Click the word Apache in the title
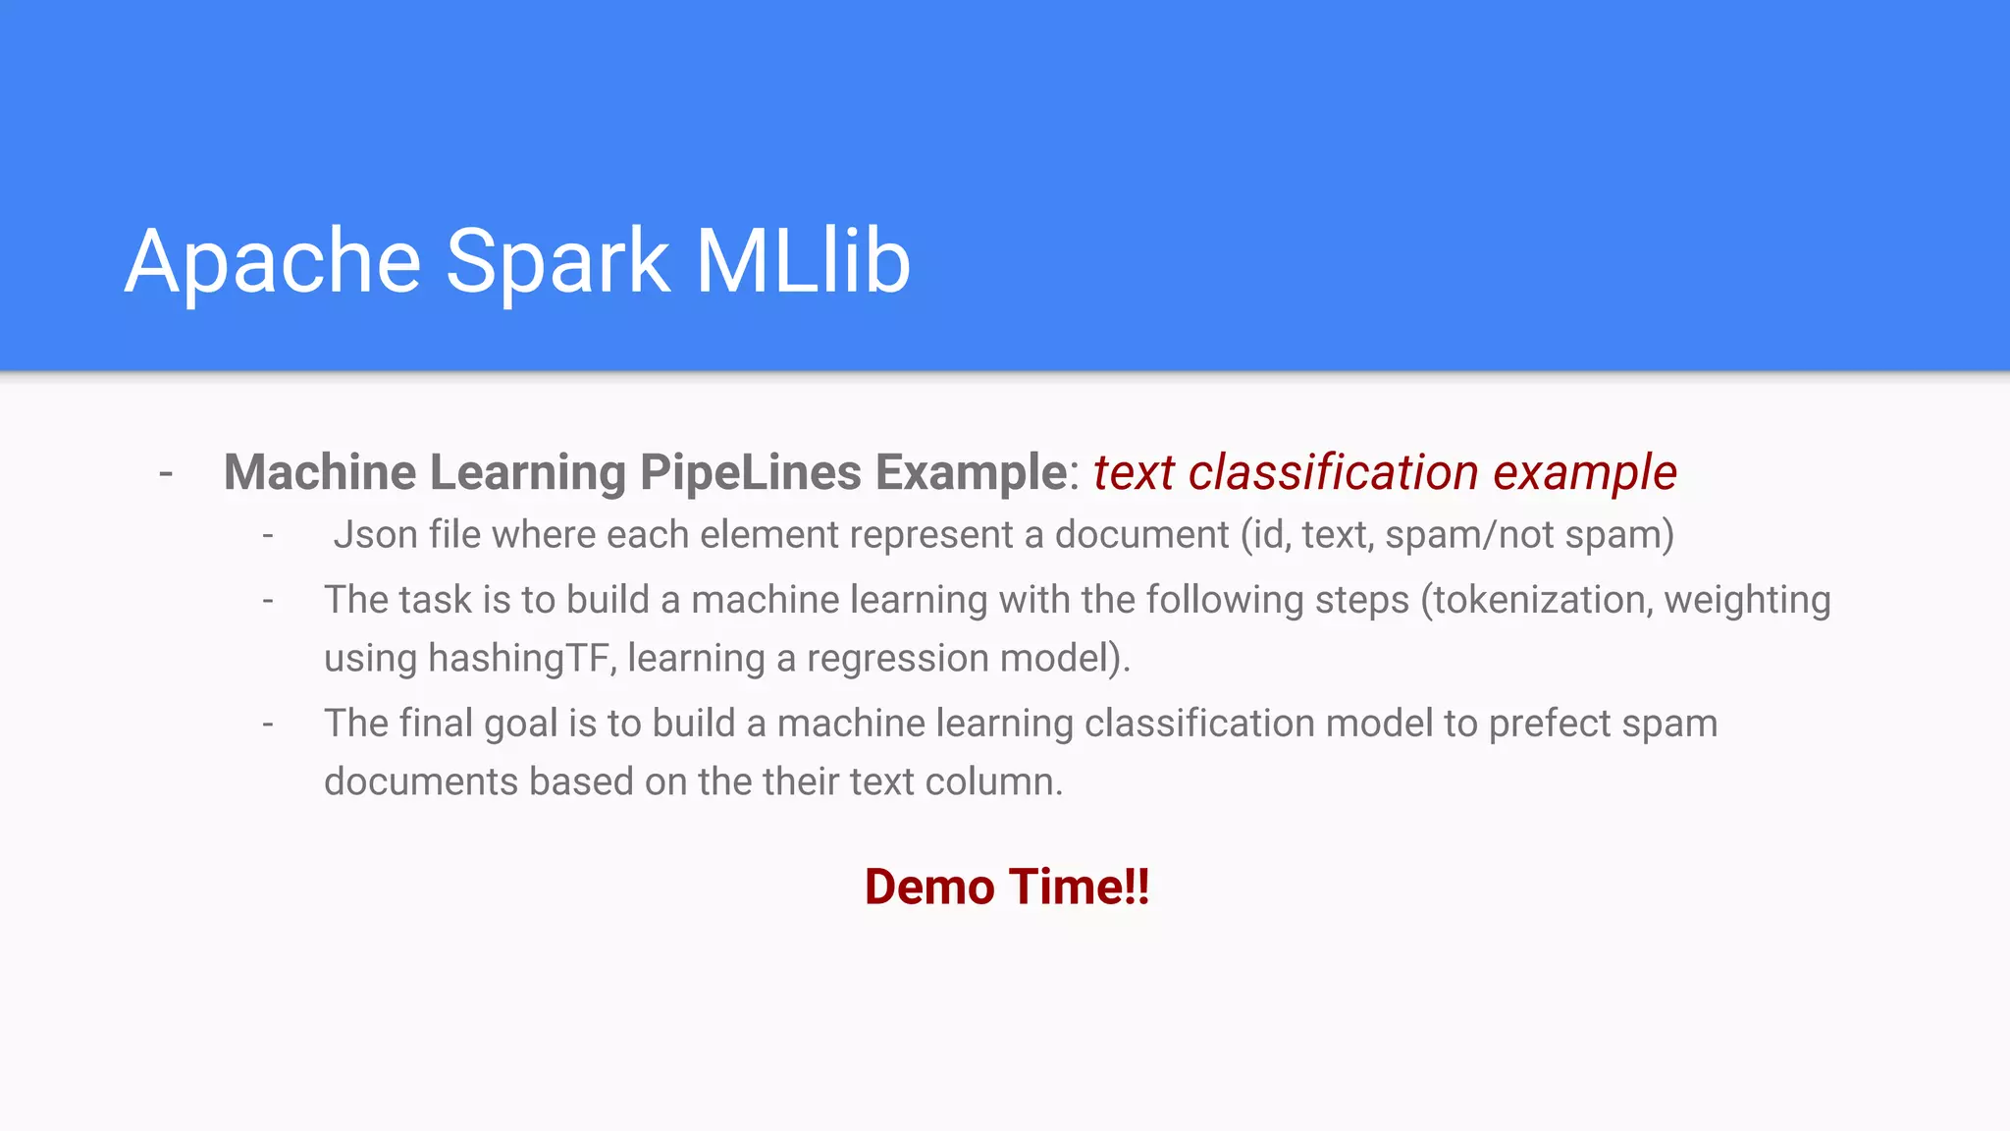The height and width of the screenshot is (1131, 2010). tap(273, 261)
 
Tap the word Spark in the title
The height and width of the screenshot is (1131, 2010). tap(557, 261)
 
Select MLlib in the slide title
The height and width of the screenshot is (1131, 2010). tap(803, 261)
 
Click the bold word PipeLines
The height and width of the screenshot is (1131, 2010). tap(751, 472)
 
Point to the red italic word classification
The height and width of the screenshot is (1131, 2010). tap(1333, 472)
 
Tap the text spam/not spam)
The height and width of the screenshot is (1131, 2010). tap(1529, 535)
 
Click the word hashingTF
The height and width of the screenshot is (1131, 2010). tap(522, 658)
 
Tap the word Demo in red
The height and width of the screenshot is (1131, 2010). tap(929, 887)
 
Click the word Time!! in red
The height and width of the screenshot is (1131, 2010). tap(1079, 887)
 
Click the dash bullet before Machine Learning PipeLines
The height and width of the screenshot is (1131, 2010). tap(166, 474)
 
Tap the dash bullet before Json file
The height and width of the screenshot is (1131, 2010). tap(268, 536)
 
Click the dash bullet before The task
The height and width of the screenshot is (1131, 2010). tap(268, 601)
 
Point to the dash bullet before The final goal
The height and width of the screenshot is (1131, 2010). tap(268, 725)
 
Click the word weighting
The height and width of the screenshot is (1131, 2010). tap(1747, 600)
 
